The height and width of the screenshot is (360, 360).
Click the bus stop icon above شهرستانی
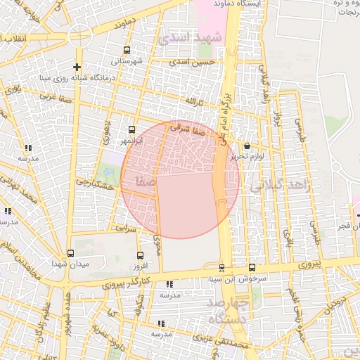(127, 50)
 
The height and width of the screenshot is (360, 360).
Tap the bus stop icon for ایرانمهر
(131, 130)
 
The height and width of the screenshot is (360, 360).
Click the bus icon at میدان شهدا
(70, 253)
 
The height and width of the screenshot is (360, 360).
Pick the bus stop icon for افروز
(140, 256)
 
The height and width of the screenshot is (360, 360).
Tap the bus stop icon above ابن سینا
(222, 268)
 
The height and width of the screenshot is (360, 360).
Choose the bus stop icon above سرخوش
(252, 267)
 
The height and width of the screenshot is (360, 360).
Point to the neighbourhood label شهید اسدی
(190, 37)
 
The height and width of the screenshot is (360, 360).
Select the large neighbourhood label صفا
(140, 182)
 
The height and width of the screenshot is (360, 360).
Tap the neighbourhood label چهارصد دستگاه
(226, 310)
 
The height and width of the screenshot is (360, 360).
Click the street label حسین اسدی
(189, 63)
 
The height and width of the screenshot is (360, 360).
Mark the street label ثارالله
(193, 103)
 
